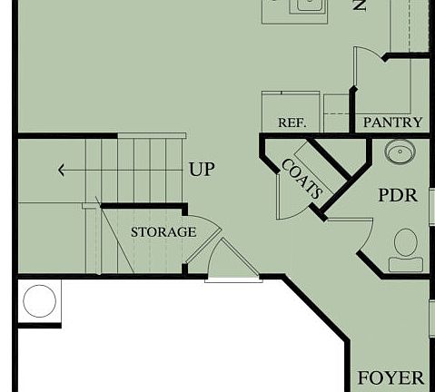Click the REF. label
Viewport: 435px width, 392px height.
pos(292,122)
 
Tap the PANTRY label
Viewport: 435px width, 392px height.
pos(392,122)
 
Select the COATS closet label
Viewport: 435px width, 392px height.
pos(301,179)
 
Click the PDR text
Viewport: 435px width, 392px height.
pos(398,195)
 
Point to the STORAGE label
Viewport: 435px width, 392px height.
pos(163,232)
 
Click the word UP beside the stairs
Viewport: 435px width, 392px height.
pos(202,170)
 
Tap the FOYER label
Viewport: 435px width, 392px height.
pos(391,378)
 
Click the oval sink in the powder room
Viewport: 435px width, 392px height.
pos(400,152)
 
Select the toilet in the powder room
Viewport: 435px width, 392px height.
pos(404,250)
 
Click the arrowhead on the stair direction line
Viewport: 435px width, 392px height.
pos(60,170)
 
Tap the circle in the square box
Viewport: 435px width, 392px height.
pos(39,300)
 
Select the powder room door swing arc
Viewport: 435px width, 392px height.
pos(350,236)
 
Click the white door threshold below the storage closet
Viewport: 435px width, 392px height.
pos(232,279)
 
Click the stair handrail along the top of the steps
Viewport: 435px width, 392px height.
pos(136,136)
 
